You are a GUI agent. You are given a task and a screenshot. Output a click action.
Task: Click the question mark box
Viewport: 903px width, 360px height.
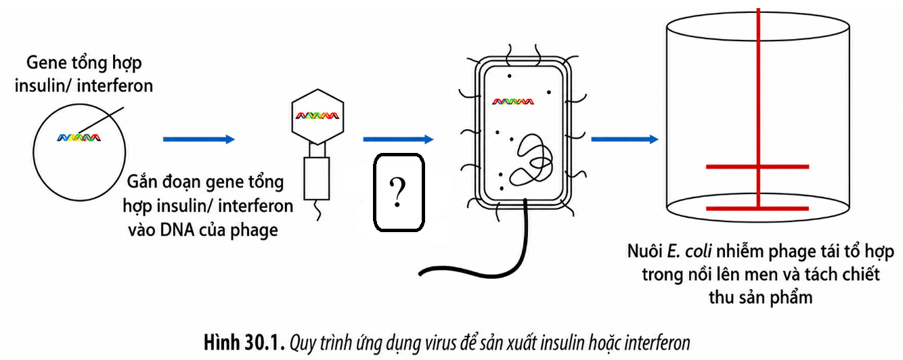[x=399, y=192]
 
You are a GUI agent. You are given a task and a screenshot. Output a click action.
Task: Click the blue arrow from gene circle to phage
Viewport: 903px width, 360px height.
[x=199, y=139]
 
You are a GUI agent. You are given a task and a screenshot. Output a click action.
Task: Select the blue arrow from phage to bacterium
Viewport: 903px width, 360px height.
[x=398, y=139]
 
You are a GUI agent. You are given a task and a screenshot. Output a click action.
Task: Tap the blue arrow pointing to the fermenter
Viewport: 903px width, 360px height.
[x=625, y=139]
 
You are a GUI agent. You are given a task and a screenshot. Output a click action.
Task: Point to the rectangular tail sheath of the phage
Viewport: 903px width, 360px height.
[x=316, y=179]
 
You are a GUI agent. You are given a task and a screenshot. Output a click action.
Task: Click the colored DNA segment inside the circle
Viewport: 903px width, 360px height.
[x=79, y=138]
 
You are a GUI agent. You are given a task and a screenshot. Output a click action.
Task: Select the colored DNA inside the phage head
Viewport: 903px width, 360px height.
[x=317, y=115]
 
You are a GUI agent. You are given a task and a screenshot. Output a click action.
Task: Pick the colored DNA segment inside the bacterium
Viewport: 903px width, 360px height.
[x=513, y=102]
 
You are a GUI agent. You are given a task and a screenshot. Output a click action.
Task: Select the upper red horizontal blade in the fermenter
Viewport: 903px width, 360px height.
[x=757, y=166]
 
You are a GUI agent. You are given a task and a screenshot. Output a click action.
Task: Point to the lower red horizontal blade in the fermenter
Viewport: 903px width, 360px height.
[x=757, y=208]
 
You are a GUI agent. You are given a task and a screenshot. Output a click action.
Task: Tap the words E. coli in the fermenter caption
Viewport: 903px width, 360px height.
[x=689, y=252]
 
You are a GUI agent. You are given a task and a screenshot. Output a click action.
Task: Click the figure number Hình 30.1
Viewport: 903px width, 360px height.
[x=244, y=342]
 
